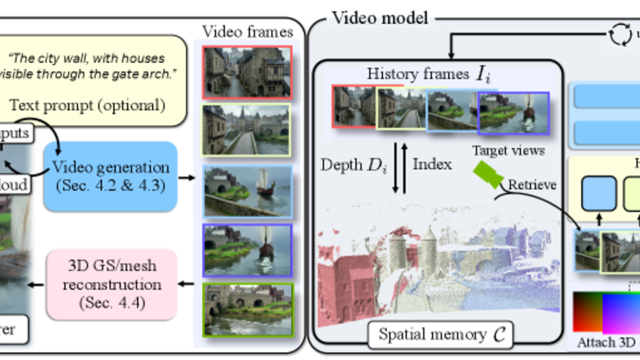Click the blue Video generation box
point(110,176)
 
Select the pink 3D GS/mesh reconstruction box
point(112,284)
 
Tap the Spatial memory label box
point(441,335)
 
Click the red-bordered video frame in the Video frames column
point(247,72)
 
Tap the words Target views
point(508,151)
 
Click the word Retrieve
point(531,185)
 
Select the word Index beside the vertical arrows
point(432,164)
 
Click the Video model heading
point(380,18)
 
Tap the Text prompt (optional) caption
point(87,105)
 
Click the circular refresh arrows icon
point(619,36)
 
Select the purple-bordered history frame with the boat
point(513,112)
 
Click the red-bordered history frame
point(354,106)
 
